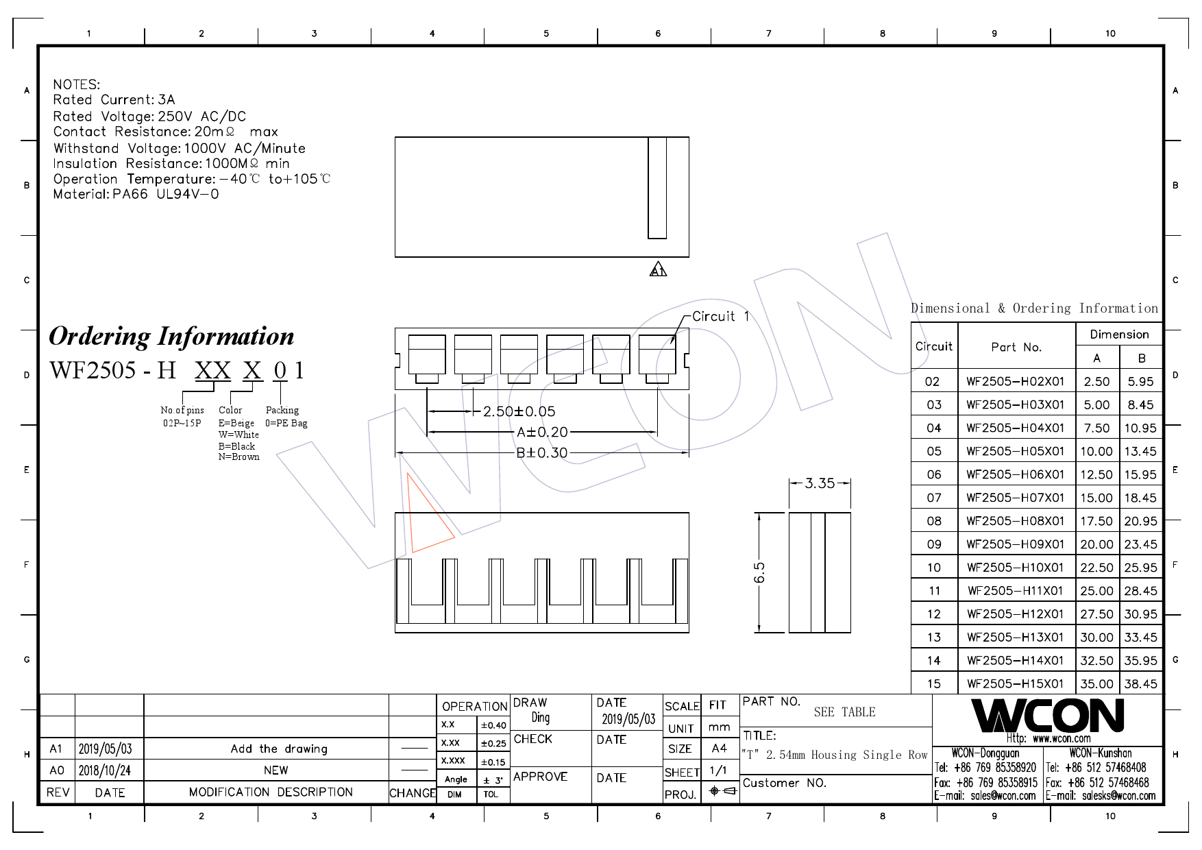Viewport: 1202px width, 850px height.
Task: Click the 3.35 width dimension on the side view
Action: click(x=820, y=483)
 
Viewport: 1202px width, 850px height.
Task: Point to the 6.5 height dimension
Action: click(x=759, y=572)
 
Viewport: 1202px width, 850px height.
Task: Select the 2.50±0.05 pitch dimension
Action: click(x=519, y=411)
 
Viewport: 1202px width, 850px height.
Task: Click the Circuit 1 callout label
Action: click(x=720, y=317)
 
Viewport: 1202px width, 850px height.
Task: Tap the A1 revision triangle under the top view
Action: click(x=658, y=270)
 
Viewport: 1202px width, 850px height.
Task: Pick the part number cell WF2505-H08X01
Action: click(x=1015, y=521)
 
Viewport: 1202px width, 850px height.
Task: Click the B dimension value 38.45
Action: click(x=1140, y=683)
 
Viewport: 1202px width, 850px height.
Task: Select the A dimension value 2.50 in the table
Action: click(x=1096, y=381)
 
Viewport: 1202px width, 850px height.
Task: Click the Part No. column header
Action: click(x=1016, y=347)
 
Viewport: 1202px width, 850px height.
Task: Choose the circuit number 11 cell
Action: click(x=934, y=591)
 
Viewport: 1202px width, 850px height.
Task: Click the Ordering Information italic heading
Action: click(x=171, y=336)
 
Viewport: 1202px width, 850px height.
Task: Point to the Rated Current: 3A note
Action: click(x=114, y=100)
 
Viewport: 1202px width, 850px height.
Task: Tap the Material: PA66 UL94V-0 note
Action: click(x=136, y=194)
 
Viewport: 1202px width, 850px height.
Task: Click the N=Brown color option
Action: click(x=238, y=457)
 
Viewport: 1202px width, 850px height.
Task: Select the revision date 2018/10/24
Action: click(x=105, y=770)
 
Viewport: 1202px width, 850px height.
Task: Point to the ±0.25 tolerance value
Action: click(x=493, y=743)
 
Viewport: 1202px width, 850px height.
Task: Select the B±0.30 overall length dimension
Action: click(x=541, y=452)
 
